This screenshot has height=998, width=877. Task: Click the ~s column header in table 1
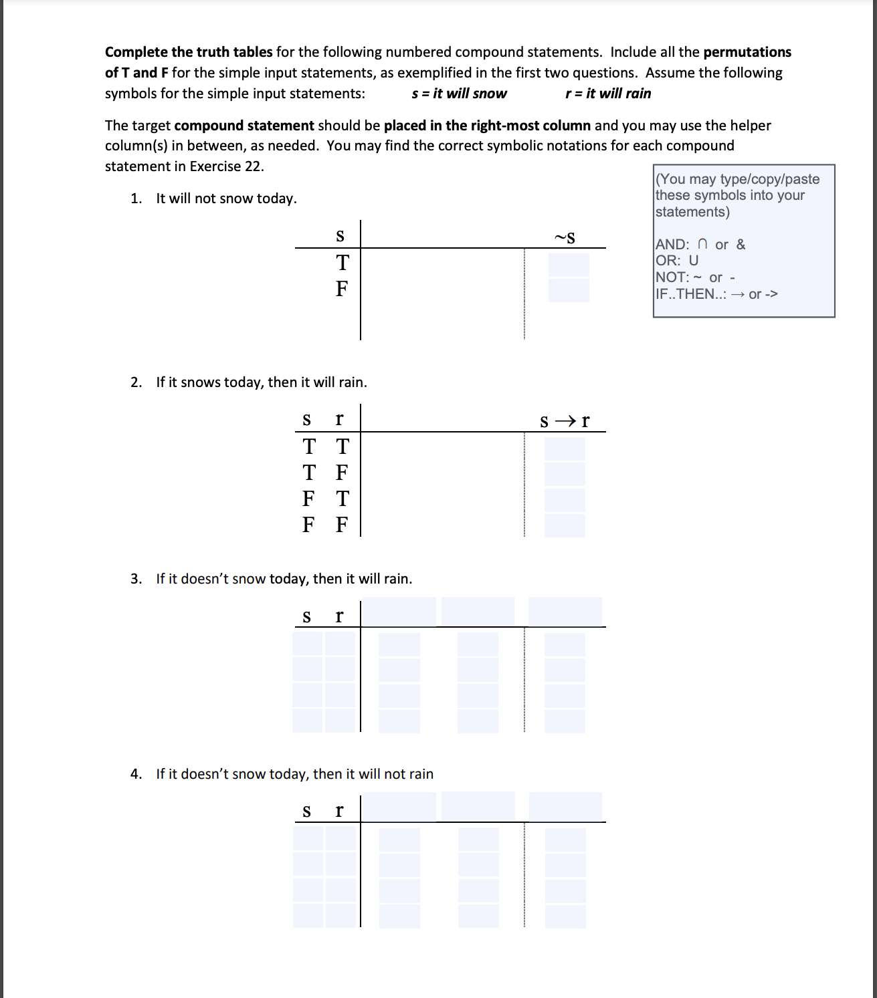tap(565, 237)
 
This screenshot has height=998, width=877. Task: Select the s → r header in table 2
tap(565, 421)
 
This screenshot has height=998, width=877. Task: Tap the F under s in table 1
tap(342, 289)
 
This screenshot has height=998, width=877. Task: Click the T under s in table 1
tap(343, 263)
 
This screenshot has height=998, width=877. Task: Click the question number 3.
tap(136, 579)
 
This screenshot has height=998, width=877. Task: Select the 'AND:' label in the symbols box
tap(672, 245)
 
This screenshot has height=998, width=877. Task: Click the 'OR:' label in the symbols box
tap(667, 261)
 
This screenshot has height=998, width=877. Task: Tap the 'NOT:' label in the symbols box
tap(672, 277)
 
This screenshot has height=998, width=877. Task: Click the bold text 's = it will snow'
tap(459, 94)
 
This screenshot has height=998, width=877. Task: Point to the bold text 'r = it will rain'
tap(608, 94)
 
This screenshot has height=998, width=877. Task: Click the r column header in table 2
tap(339, 419)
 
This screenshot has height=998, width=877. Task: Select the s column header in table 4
tap(306, 812)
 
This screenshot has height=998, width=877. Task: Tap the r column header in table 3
tap(339, 616)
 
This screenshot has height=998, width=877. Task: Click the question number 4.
tap(136, 774)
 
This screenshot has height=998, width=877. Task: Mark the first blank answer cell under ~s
tap(569, 265)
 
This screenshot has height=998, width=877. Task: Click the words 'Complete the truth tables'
tap(189, 52)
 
